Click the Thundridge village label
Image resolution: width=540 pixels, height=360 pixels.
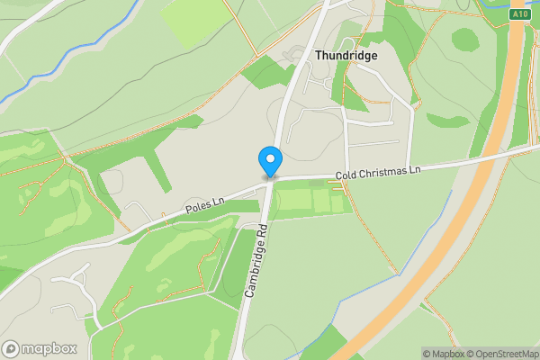pyautogui.click(x=346, y=55)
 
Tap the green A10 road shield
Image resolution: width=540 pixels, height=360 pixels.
pyautogui.click(x=519, y=14)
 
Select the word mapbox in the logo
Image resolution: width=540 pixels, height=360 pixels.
pyautogui.click(x=49, y=349)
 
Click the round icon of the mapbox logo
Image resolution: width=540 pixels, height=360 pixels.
pyautogui.click(x=12, y=349)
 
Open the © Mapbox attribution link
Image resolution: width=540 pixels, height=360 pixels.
pyautogui.click(x=443, y=354)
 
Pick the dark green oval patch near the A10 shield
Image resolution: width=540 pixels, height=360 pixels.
pyautogui.click(x=464, y=39)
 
